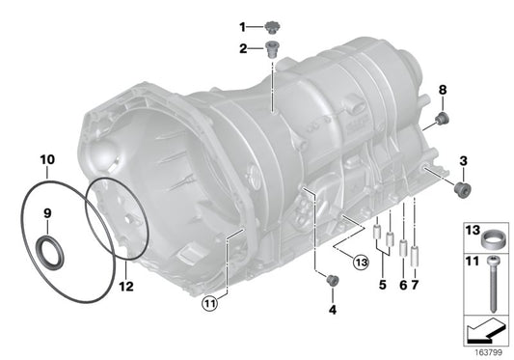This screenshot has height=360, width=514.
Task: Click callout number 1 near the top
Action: (243, 26)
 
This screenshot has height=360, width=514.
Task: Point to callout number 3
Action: (463, 159)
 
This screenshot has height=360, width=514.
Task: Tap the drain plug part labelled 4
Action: (334, 281)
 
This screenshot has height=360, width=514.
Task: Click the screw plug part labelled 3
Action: (463, 188)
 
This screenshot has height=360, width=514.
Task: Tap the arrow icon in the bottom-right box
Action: (486, 333)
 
